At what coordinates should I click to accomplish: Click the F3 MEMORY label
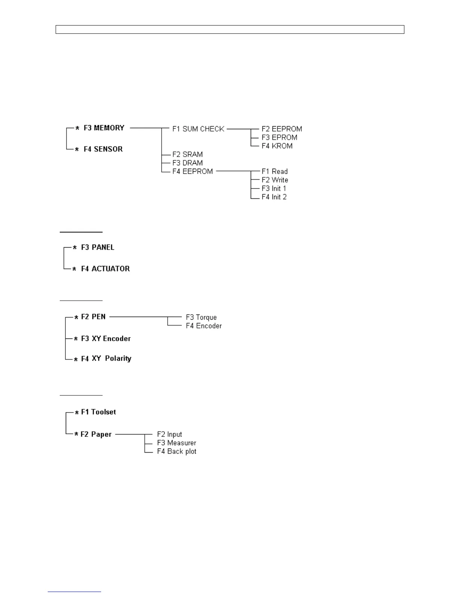(104, 128)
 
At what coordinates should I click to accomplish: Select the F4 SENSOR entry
(103, 149)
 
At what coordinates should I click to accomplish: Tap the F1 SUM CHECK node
(198, 129)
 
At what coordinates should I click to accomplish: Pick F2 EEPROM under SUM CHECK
(281, 129)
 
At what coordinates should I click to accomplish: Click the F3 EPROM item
(279, 137)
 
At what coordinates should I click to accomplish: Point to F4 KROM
(277, 146)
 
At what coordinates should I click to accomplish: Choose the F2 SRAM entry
(188, 154)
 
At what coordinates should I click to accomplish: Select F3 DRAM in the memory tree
(188, 163)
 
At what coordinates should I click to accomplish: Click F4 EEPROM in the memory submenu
(192, 172)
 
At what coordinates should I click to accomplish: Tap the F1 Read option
(274, 172)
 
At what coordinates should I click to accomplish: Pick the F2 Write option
(275, 180)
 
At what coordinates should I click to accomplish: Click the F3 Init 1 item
(274, 189)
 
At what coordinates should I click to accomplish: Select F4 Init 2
(274, 197)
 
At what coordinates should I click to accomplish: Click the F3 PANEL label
(98, 248)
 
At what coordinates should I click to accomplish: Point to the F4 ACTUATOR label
(105, 269)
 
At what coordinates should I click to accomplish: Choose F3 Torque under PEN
(201, 317)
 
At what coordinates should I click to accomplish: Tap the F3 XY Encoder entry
(106, 339)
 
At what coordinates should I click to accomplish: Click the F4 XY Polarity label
(106, 359)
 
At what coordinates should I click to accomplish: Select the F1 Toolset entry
(98, 412)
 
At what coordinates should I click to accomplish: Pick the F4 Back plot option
(177, 452)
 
